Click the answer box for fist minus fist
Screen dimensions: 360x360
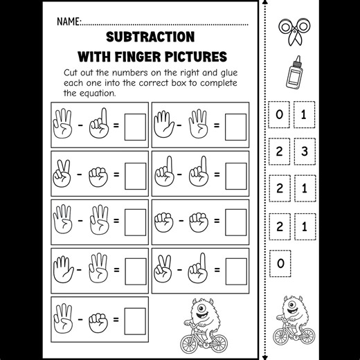coord(236,222)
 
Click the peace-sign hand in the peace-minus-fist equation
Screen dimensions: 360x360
coord(62,173)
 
